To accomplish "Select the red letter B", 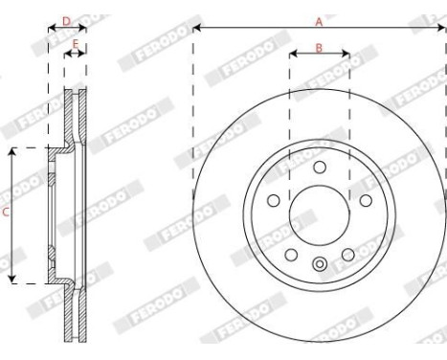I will [319, 47].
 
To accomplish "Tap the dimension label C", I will [6, 215].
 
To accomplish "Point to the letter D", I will [66, 18].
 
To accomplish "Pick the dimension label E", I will [75, 43].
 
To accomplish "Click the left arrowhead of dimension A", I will [195, 27].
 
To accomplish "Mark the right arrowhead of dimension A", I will [443, 27].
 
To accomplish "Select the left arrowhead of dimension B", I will [292, 56].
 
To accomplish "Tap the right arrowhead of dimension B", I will [346, 56].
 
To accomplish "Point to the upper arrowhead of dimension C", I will [12, 151].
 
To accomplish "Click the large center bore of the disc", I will [319, 214].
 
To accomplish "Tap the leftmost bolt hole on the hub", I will [273, 200].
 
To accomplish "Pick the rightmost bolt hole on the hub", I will [365, 200].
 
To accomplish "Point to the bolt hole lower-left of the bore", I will [291, 254].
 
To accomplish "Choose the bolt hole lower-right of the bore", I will [346, 254].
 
